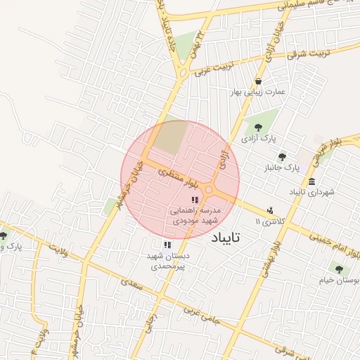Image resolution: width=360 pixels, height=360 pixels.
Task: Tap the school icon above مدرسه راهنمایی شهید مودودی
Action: click(195, 201)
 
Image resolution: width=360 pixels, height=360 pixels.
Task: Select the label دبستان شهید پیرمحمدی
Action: click(167, 262)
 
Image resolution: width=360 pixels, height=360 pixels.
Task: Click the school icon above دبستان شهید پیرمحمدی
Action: click(167, 245)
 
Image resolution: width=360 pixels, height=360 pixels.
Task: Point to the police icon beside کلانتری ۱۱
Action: click(270, 210)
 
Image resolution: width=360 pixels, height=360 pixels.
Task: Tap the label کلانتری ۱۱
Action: click(271, 221)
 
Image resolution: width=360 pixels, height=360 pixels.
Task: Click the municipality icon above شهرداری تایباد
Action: click(311, 181)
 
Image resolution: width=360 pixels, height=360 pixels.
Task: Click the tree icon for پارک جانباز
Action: click(283, 157)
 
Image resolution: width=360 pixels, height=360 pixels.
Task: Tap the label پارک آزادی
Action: click(258, 139)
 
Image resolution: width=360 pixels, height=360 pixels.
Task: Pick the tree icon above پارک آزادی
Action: click(259, 128)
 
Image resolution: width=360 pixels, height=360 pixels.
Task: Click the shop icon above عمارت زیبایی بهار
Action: click(259, 81)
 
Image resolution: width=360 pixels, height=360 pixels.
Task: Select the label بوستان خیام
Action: click(340, 280)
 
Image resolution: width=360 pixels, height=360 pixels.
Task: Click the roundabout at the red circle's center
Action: click(209, 190)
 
